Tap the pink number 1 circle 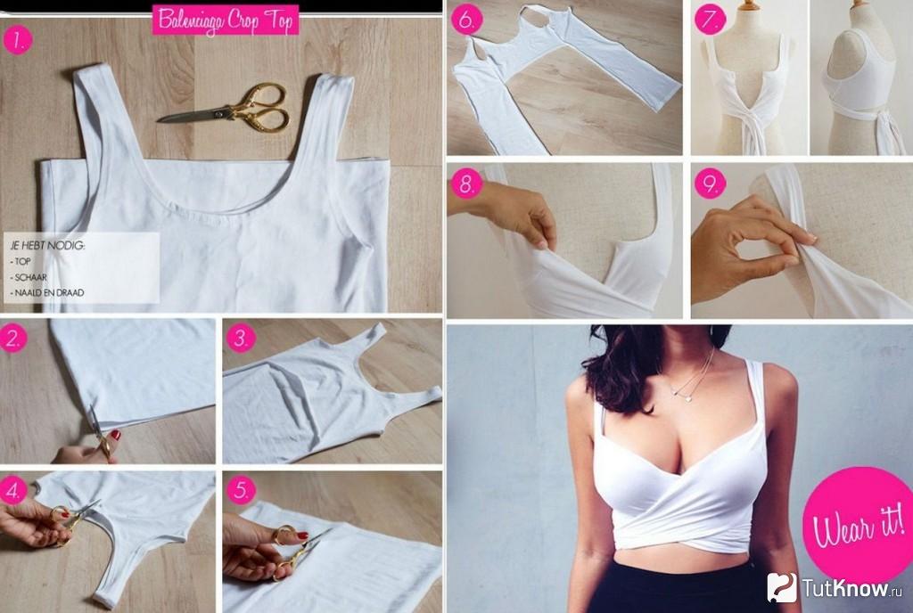(18, 40)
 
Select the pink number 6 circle (467, 20)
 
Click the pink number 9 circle (710, 184)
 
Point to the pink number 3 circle (241, 338)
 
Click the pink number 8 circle (467, 184)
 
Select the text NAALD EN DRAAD (49, 292)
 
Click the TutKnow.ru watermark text (844, 588)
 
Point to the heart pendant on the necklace (687, 399)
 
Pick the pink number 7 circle (710, 20)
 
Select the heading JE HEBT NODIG (48, 246)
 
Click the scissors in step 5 (297, 552)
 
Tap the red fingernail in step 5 (302, 535)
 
